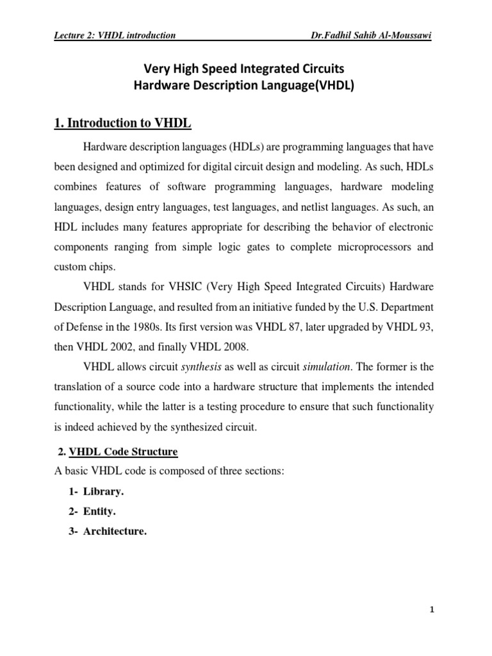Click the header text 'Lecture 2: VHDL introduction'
115,35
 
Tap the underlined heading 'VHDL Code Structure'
123,452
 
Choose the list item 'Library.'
103,491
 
